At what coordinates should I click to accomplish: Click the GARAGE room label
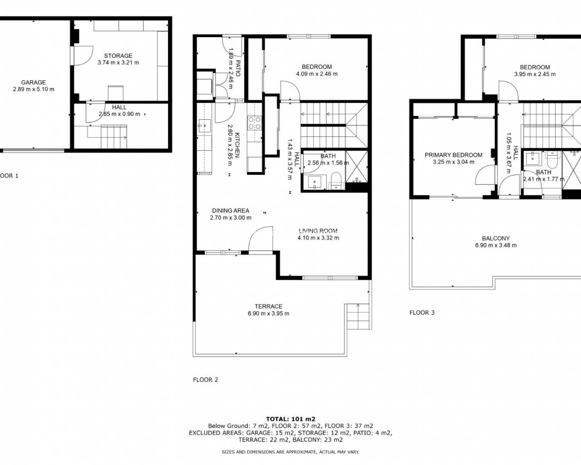pyautogui.click(x=34, y=82)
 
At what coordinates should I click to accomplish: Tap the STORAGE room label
pyautogui.click(x=118, y=56)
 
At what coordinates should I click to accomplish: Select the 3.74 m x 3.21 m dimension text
pyautogui.click(x=118, y=63)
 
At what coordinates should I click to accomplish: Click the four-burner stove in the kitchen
pyautogui.click(x=255, y=123)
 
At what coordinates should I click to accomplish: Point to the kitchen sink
pyautogui.click(x=205, y=126)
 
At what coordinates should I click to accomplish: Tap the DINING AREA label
pyautogui.click(x=231, y=211)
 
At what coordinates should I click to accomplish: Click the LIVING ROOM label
pyautogui.click(x=318, y=231)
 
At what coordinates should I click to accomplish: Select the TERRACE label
pyautogui.click(x=268, y=307)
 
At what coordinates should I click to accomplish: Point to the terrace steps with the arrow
pyautogui.click(x=358, y=317)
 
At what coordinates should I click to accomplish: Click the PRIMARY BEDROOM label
pyautogui.click(x=453, y=155)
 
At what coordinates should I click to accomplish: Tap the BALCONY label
pyautogui.click(x=496, y=238)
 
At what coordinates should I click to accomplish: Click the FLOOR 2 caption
pyautogui.click(x=206, y=380)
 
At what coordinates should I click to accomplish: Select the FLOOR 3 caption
pyautogui.click(x=422, y=312)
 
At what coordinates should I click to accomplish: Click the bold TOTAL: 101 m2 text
pyautogui.click(x=290, y=419)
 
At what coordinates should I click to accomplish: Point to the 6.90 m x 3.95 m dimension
pyautogui.click(x=268, y=313)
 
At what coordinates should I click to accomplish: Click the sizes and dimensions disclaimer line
pyautogui.click(x=290, y=452)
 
